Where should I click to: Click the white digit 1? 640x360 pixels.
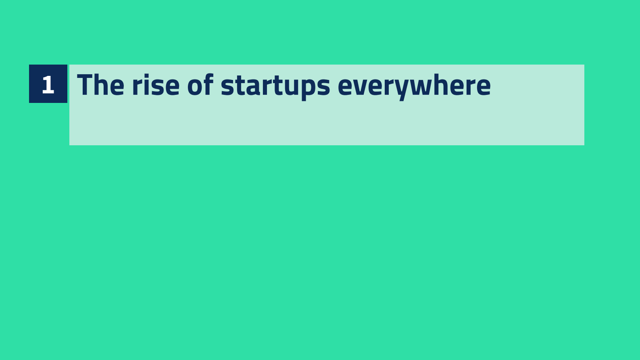pyautogui.click(x=48, y=85)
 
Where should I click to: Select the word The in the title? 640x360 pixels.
pyautogui.click(x=100, y=85)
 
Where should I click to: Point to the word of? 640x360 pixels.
pyautogui.click(x=200, y=84)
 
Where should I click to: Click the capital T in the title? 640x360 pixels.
pyautogui.click(x=85, y=85)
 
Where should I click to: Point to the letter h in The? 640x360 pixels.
pyautogui.click(x=102, y=85)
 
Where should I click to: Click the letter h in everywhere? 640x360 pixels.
pyautogui.click(x=442, y=84)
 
